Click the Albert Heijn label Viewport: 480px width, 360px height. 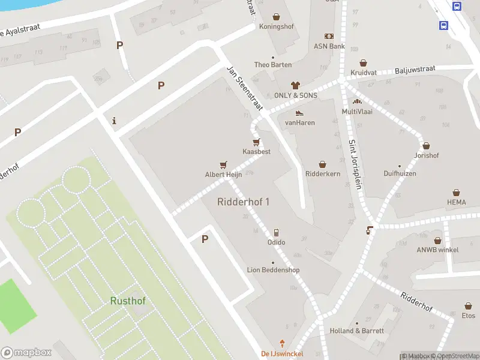point(223,175)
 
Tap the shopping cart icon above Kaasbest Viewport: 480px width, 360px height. point(256,142)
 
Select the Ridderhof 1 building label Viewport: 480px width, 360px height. point(243,202)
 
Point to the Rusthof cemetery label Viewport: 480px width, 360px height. point(128,301)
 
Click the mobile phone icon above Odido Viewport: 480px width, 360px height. point(276,233)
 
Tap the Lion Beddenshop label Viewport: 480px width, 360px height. point(273,270)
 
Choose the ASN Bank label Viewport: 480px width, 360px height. point(329,46)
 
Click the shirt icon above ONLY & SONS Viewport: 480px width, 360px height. point(295,85)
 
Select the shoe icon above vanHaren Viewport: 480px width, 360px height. point(299,113)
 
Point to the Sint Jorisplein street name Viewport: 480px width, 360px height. point(355,164)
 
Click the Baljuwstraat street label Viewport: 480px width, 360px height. point(415,71)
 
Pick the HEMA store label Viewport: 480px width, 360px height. point(456,202)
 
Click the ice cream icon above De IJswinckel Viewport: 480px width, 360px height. point(281,344)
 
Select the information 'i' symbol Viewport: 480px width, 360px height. point(114,121)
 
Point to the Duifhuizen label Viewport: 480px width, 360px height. point(400,173)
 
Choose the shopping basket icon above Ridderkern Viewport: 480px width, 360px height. point(322,164)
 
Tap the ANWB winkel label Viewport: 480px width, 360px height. point(437,250)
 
